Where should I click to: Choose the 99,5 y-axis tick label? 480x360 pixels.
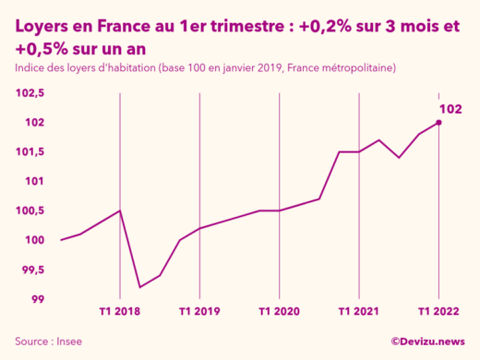(31, 270)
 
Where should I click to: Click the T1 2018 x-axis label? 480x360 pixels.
(120, 312)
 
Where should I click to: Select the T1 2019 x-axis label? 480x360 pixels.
(199, 312)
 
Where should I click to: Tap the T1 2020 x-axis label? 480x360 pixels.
(279, 312)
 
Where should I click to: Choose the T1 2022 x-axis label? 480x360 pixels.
(438, 312)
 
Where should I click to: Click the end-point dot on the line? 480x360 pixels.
(438, 123)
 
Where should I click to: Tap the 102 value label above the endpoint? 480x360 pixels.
(450, 109)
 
